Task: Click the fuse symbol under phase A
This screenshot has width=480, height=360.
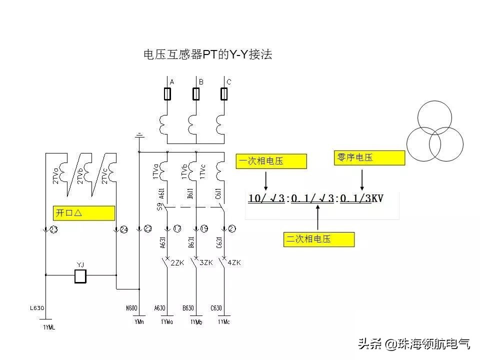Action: pyautogui.click(x=167, y=94)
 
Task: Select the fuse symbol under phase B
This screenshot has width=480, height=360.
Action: pyautogui.click(x=196, y=94)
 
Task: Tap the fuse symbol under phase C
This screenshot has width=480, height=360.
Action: pyautogui.click(x=225, y=94)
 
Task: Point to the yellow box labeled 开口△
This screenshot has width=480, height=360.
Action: pyautogui.click(x=83, y=213)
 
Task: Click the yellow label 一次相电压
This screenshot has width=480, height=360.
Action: pyautogui.click(x=270, y=161)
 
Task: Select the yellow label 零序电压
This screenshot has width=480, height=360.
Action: pyautogui.click(x=368, y=158)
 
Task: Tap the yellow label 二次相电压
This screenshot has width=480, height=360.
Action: pyautogui.click(x=319, y=239)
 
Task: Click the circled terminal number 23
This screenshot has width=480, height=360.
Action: pyautogui.click(x=53, y=229)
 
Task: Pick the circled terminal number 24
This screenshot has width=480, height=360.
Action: pyautogui.click(x=123, y=229)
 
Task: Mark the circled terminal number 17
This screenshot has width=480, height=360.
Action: pyautogui.click(x=176, y=229)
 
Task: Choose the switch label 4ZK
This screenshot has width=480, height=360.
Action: pyautogui.click(x=234, y=262)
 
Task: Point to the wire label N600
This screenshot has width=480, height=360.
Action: pyautogui.click(x=132, y=308)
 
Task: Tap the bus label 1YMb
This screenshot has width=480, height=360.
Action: pyautogui.click(x=196, y=322)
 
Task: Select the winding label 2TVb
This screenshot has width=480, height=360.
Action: pyautogui.click(x=80, y=174)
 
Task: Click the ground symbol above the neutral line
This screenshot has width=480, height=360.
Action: pyautogui.click(x=139, y=135)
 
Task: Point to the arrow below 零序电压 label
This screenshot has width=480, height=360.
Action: pyautogui.click(x=362, y=178)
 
